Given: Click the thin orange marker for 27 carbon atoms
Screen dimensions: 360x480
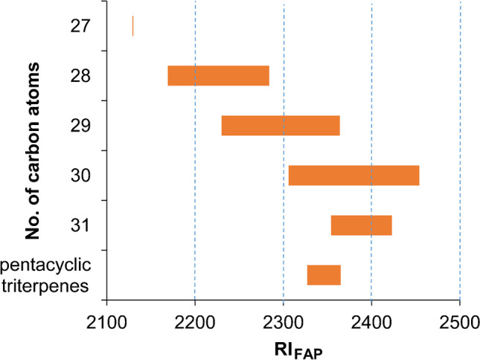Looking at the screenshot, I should pos(132,26).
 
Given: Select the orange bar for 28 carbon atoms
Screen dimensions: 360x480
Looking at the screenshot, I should pos(218,76).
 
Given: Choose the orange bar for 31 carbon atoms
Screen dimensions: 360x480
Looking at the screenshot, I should pos(361,225).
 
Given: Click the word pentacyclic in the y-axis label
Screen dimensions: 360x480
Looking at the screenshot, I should pos(46,265).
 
